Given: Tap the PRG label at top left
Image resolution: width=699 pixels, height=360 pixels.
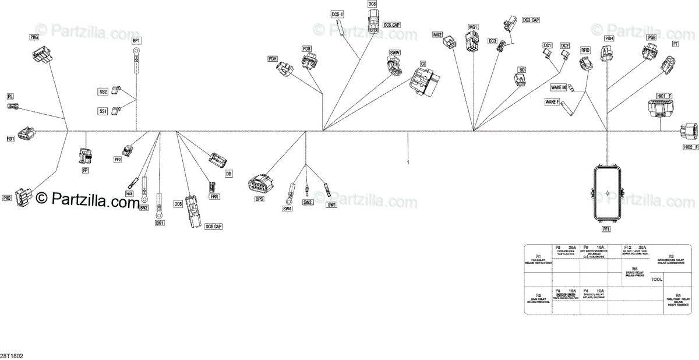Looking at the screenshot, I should tap(34, 37).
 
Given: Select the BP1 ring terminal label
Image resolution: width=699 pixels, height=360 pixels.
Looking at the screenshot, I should tap(137, 40).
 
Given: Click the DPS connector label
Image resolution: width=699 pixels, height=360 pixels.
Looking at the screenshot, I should tap(259, 199).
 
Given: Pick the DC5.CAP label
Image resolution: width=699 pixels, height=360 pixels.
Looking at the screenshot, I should tap(391, 25).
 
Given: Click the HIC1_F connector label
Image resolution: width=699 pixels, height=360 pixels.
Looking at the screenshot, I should tap(664, 95).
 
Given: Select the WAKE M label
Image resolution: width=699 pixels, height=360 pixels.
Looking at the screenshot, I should tap(558, 87).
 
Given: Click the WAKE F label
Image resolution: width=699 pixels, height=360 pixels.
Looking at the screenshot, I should tap(552, 102).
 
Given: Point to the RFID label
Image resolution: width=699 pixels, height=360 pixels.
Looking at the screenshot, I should tap(585, 51).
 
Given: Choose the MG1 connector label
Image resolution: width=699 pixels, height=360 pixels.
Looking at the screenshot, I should tap(472, 27).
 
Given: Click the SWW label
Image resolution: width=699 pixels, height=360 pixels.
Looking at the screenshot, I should tap(394, 53).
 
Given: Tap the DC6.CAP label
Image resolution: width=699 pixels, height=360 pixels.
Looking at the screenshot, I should tap(214, 226).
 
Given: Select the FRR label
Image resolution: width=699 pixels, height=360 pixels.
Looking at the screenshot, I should tap(214, 197).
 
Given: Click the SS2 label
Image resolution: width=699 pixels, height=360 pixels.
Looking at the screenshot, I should tap(103, 92).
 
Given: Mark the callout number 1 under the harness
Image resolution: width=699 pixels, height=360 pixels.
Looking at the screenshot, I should tap(408, 163).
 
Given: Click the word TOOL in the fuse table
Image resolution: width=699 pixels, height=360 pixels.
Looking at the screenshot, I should tap(656, 280).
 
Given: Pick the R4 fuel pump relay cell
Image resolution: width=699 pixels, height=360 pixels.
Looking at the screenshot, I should tap(677, 300).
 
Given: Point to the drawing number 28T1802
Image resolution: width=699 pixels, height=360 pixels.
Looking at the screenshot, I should tap(11, 355).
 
